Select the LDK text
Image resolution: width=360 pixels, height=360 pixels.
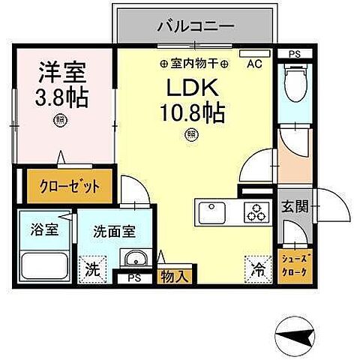point(192,89)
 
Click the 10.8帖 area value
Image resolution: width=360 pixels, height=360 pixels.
point(192,114)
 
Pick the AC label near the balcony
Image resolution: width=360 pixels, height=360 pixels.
point(254,64)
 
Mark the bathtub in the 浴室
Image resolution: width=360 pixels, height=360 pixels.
point(41,266)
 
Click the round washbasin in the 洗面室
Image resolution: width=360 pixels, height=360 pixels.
point(136,261)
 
